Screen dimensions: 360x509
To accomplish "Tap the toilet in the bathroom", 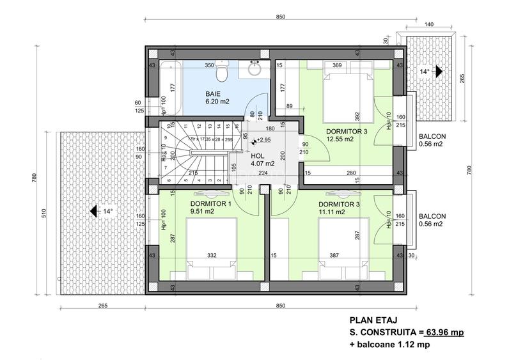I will tap(221, 74).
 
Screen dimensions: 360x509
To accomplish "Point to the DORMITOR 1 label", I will tap(210, 204).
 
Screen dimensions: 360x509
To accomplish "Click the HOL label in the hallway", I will tap(258, 155).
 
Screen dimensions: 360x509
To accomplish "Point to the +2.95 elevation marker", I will tap(262, 139).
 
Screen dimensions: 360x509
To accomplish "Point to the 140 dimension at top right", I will tap(428, 24).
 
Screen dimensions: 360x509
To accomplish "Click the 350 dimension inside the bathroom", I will tap(209, 65).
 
